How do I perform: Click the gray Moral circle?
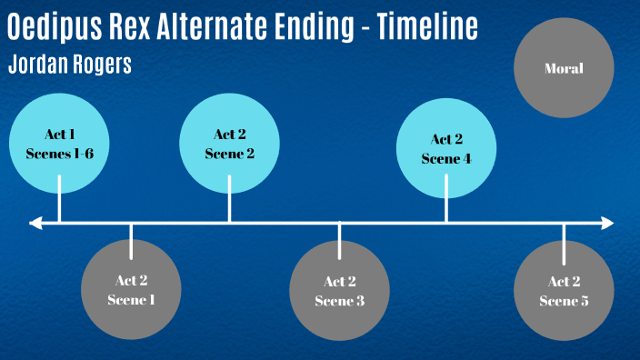click(x=563, y=68)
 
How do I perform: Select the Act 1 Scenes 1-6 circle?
click(x=59, y=144)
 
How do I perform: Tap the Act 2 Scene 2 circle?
click(x=229, y=144)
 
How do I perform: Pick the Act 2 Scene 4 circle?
click(x=446, y=148)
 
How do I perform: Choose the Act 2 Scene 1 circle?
click(x=131, y=289)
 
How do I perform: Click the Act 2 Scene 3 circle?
click(x=339, y=290)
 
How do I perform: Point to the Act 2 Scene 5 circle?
click(x=564, y=290)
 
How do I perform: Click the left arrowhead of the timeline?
click(x=35, y=222)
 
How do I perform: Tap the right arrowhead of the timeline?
click(x=607, y=222)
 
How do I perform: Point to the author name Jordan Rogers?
click(x=68, y=65)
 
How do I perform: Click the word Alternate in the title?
click(x=192, y=27)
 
